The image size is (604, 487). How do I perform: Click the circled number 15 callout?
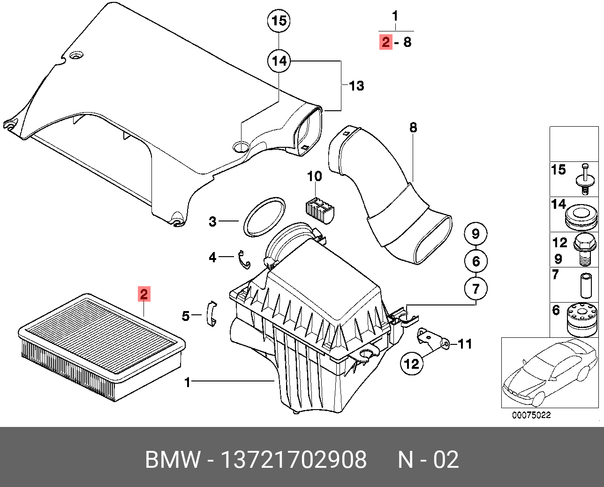click(279, 21)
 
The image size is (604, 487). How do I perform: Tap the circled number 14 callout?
click(279, 61)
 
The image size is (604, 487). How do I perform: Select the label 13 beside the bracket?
click(356, 86)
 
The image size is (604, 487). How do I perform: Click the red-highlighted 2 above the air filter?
click(144, 294)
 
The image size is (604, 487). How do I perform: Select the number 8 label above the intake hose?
click(413, 128)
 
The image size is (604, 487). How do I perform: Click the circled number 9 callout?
click(476, 234)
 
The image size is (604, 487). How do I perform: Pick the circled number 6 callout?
click(476, 261)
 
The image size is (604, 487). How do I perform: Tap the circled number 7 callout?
click(476, 288)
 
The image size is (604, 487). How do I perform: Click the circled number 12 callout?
click(411, 363)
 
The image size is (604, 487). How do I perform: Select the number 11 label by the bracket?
click(464, 344)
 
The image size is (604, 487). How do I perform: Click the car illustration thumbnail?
click(550, 373)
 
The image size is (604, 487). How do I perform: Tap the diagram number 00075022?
click(531, 415)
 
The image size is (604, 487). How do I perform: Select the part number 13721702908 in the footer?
click(294, 460)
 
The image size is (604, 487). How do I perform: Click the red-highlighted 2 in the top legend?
click(385, 42)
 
